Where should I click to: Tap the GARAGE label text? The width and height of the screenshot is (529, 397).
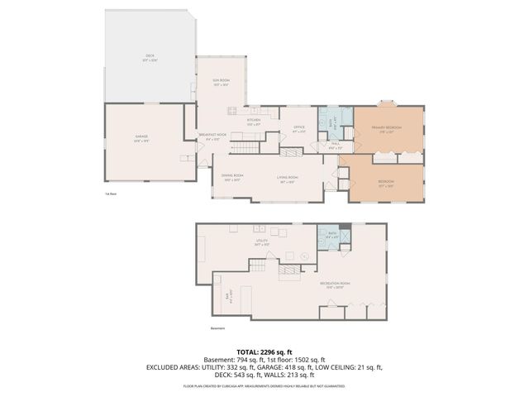[x=141, y=137]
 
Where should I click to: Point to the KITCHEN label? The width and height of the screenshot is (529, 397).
[x=253, y=122]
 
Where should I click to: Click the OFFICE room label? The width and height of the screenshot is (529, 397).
[x=299, y=128]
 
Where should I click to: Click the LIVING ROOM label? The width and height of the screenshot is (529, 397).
[x=287, y=177]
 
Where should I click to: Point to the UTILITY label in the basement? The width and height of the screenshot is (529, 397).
[x=261, y=242]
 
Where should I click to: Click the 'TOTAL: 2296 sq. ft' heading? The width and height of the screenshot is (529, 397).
[x=264, y=352]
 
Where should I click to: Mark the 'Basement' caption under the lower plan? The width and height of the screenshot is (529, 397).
[x=218, y=328]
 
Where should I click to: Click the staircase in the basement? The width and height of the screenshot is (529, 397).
[x=259, y=266]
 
